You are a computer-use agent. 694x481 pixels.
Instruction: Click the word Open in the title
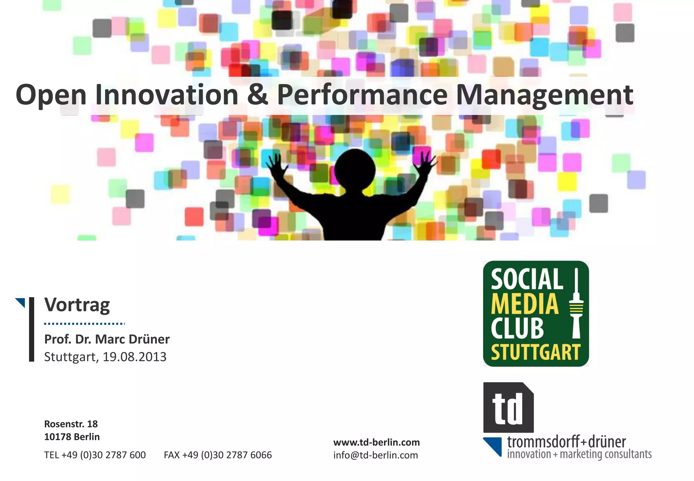51,95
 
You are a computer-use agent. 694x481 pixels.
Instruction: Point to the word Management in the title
545,95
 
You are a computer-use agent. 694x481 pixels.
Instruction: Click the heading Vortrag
77,305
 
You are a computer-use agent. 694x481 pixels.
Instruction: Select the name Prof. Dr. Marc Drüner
107,339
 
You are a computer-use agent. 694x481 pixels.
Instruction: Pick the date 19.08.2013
135,357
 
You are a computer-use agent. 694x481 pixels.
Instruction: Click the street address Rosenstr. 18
71,424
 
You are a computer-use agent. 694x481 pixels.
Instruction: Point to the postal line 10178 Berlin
72,437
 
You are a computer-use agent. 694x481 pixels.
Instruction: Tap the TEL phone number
95,455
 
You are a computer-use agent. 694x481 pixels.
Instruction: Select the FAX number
218,455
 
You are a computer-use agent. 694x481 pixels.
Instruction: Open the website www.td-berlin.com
376,442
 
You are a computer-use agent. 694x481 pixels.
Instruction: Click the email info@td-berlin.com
375,455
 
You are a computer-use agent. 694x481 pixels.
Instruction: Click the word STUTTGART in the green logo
536,352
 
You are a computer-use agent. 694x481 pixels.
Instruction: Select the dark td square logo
508,407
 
